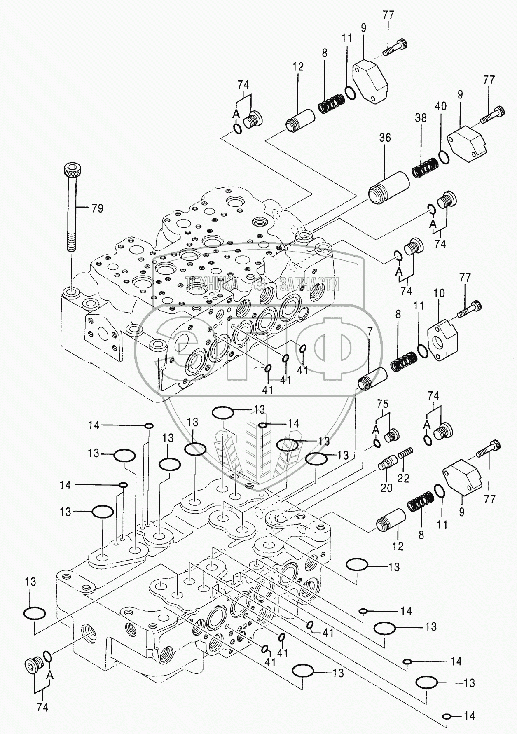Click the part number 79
97,208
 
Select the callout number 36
385,138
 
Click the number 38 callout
421,118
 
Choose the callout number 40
440,106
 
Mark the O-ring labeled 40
444,157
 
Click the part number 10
439,293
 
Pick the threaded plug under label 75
393,435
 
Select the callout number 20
386,488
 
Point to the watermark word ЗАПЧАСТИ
309,284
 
